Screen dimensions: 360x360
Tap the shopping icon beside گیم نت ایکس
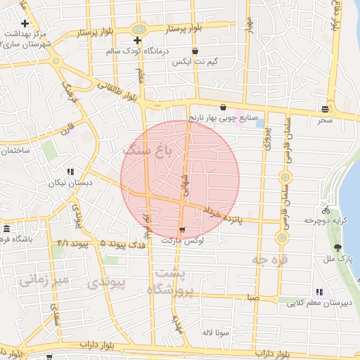(195, 51)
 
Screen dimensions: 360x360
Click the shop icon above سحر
(325, 109)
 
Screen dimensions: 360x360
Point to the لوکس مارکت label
(183, 240)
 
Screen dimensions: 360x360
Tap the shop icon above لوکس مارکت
(183, 230)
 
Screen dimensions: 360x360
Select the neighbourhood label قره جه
(269, 259)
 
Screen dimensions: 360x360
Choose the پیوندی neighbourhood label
(109, 283)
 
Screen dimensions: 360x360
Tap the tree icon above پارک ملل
(338, 248)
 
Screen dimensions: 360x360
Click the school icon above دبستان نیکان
(70, 171)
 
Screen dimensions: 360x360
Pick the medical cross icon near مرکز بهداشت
(25, 23)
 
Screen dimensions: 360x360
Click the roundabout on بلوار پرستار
(139, 30)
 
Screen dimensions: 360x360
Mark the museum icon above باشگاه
(6, 229)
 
